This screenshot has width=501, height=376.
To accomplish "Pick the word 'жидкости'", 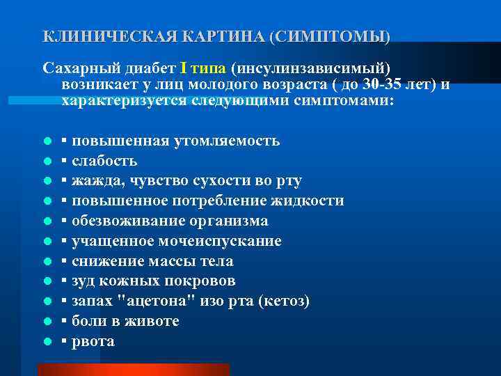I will tap(306, 201).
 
